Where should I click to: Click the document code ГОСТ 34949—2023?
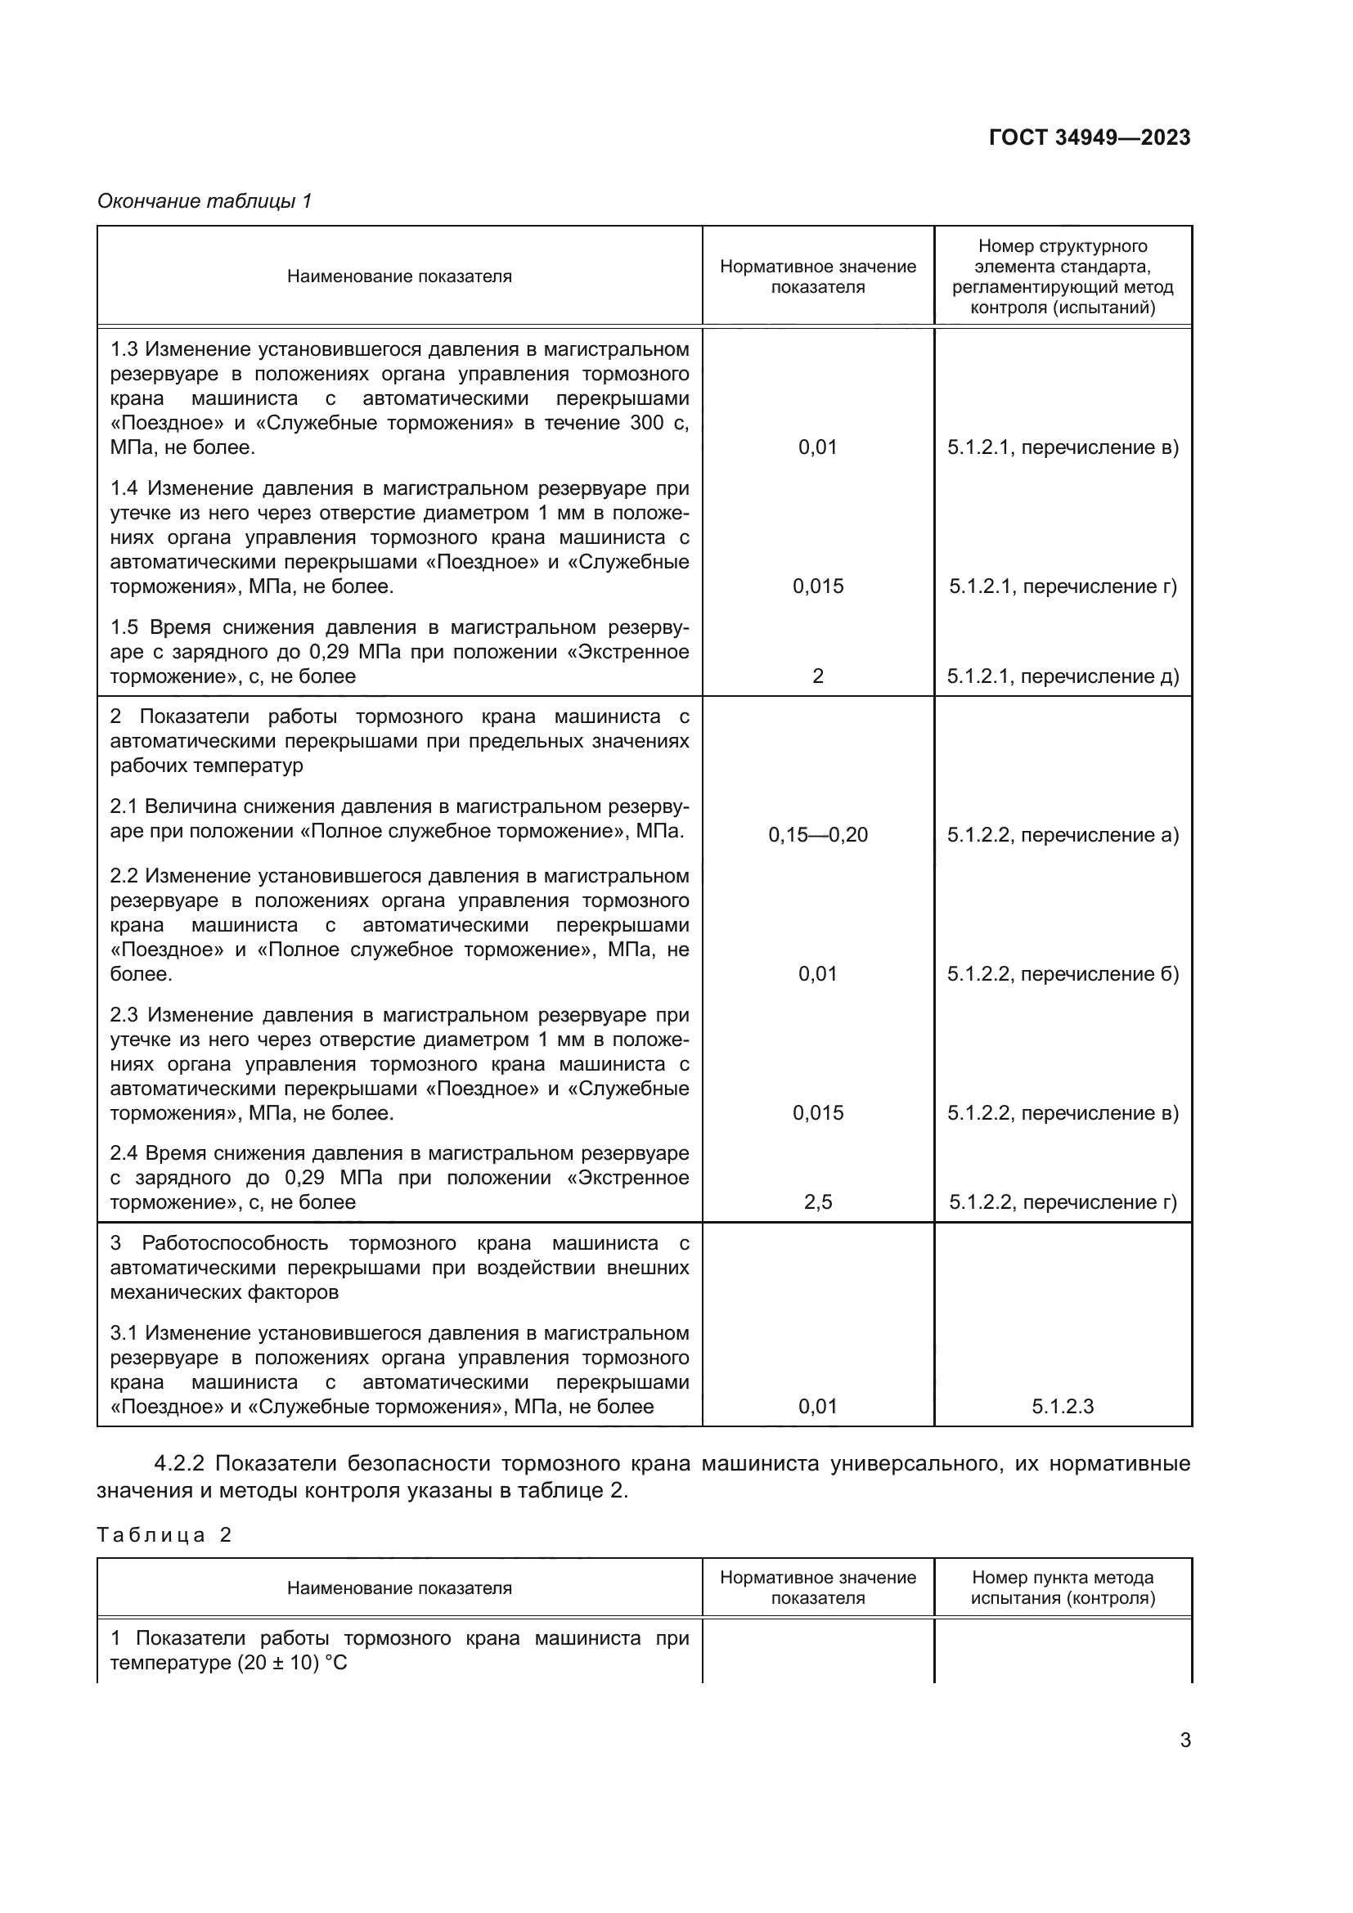click(x=1089, y=137)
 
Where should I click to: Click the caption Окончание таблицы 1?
click(x=205, y=201)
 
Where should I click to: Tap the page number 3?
click(x=1184, y=1740)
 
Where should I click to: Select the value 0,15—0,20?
click(x=817, y=835)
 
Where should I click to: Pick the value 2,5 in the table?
click(x=817, y=1202)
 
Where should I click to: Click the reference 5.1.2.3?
click(x=1063, y=1407)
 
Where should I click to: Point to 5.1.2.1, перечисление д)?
click(x=1063, y=676)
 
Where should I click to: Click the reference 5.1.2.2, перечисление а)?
click(x=1063, y=835)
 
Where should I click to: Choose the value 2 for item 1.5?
click(x=817, y=676)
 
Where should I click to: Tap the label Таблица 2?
click(x=164, y=1534)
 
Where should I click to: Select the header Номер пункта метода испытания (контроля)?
click(x=1063, y=1587)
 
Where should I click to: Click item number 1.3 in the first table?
click(x=124, y=349)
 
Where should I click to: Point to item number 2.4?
click(x=124, y=1153)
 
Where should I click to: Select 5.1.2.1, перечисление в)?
click(x=1063, y=447)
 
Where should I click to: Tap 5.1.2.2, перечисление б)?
click(x=1063, y=974)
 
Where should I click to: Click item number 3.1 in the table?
click(x=124, y=1333)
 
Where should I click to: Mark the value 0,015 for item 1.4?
click(x=817, y=586)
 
